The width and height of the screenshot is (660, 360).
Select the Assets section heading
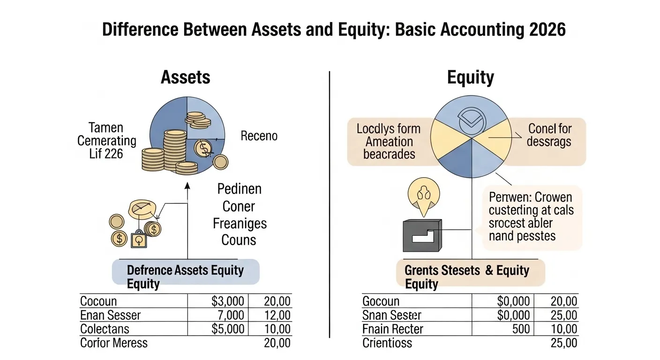[185, 77]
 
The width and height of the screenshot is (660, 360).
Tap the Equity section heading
[470, 77]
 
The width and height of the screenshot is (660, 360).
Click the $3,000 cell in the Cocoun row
[228, 301]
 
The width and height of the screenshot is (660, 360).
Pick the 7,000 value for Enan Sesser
[231, 315]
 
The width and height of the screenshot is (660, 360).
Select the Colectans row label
[105, 329]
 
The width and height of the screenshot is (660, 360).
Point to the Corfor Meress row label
[113, 343]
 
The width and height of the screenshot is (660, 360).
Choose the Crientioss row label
[387, 343]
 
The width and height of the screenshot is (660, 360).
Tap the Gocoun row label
[381, 301]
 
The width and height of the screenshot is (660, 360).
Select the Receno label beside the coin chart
[259, 136]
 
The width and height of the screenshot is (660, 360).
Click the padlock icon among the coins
[138, 240]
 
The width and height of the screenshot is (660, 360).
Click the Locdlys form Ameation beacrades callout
[389, 141]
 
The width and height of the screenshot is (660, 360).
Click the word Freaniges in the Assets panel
[240, 223]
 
